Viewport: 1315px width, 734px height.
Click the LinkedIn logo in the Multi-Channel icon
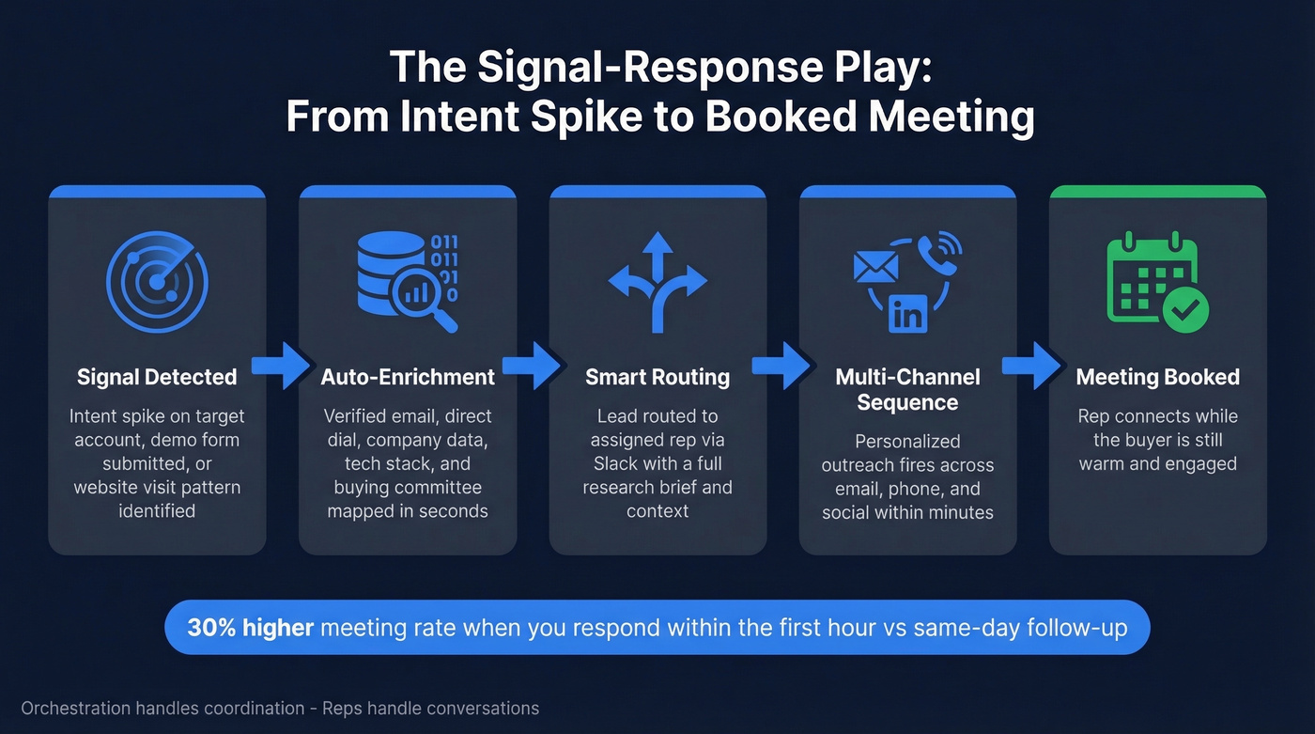click(x=907, y=313)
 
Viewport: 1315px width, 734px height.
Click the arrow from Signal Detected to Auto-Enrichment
click(x=281, y=366)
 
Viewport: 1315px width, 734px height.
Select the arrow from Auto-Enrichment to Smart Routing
click(x=532, y=366)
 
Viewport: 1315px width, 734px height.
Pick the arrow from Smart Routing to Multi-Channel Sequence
click(x=782, y=366)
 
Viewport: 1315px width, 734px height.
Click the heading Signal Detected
click(x=157, y=378)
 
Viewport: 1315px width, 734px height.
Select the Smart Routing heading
click(x=657, y=378)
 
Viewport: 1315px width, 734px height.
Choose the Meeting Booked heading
click(x=1157, y=378)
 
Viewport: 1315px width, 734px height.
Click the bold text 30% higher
click(x=250, y=628)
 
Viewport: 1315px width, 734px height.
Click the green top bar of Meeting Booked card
click(x=1157, y=192)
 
